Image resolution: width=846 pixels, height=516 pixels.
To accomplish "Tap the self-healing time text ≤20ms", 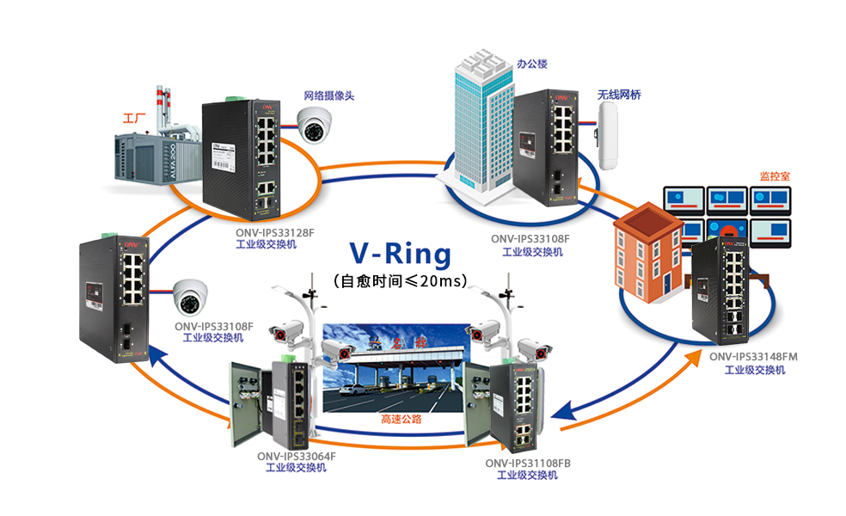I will [400, 280].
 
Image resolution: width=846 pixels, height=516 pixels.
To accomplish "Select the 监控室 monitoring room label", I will [775, 175].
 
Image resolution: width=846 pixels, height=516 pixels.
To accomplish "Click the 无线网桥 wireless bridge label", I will [619, 95].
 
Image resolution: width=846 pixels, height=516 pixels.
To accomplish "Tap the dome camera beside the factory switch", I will [315, 126].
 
